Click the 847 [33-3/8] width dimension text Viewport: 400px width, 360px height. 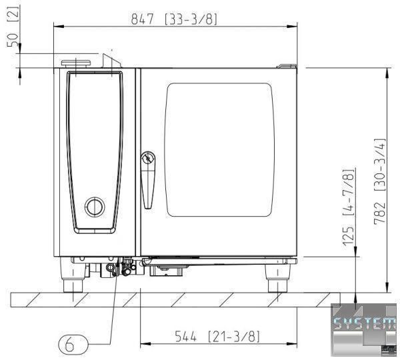tap(174, 19)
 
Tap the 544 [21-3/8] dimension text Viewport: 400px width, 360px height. tap(217, 337)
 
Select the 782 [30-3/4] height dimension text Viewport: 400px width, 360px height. tap(379, 181)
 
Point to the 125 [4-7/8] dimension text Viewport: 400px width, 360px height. tap(349, 207)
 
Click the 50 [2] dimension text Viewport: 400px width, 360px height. tap(13, 26)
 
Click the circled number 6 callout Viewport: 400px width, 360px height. tap(73, 344)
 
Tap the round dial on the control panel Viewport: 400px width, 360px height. tap(95, 207)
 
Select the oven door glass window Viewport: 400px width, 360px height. tap(219, 150)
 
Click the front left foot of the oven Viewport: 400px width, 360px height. tap(73, 275)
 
